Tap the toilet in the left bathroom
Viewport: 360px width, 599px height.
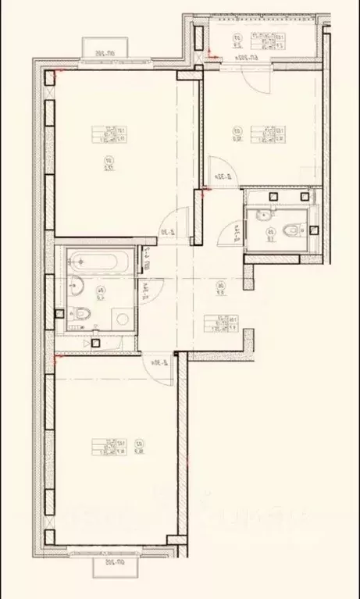(x=85, y=315)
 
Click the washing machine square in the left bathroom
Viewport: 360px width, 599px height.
(x=120, y=318)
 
